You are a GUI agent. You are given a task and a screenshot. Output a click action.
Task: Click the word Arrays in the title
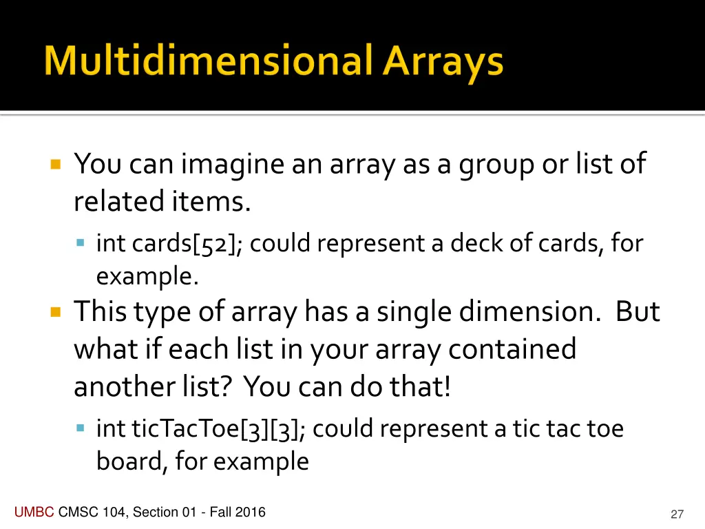point(443,63)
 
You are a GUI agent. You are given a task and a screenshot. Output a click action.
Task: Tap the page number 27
point(677,514)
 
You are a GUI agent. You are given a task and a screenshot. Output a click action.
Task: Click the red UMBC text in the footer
point(34,512)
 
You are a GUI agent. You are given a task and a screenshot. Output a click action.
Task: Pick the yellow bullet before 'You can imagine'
point(56,165)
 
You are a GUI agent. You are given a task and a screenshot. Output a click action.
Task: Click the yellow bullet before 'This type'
point(56,312)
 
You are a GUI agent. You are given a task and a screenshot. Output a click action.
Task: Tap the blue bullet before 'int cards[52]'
point(80,243)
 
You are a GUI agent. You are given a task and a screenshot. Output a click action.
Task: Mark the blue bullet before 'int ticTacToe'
point(80,428)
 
